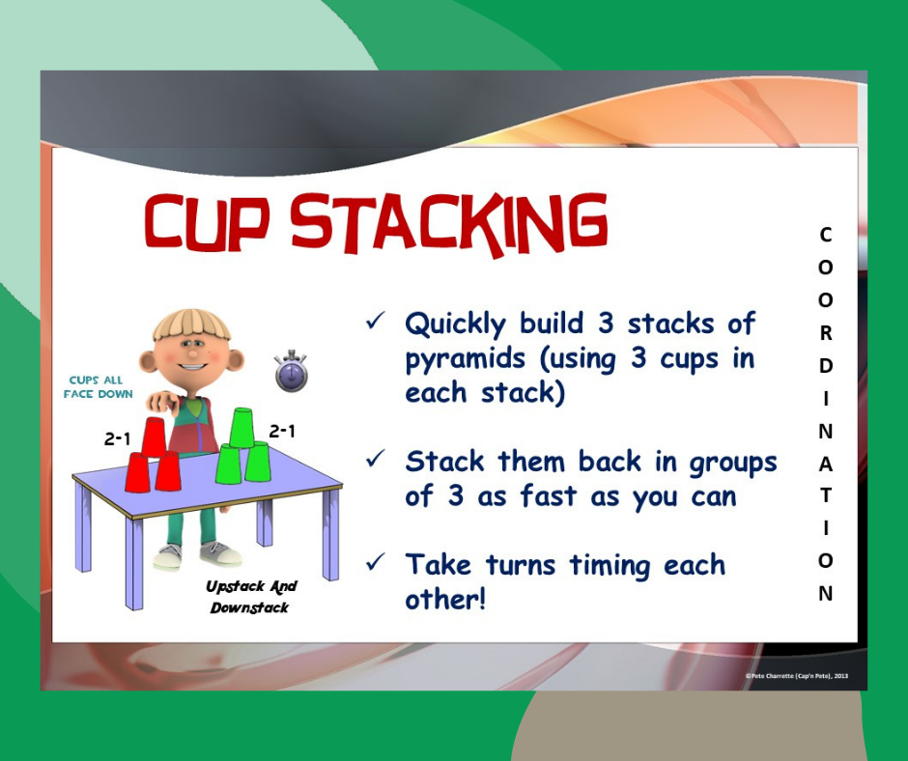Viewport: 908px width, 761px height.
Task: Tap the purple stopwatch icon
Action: coord(291,372)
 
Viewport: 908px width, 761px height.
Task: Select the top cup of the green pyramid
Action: coord(241,428)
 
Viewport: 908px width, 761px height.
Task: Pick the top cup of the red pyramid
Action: coord(154,437)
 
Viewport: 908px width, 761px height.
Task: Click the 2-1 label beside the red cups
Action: coord(118,438)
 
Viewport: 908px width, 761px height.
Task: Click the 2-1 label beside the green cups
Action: coord(282,432)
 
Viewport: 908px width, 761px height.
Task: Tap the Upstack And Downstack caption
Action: coord(251,597)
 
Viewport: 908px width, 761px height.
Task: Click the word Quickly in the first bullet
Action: coord(457,324)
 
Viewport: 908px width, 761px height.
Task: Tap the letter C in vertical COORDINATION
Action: coord(825,234)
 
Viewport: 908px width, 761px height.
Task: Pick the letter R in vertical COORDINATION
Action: coord(825,333)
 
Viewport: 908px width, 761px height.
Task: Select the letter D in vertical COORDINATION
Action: coord(825,365)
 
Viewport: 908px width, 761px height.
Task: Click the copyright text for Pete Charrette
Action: coord(798,676)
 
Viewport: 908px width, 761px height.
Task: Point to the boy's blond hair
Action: coord(192,323)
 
